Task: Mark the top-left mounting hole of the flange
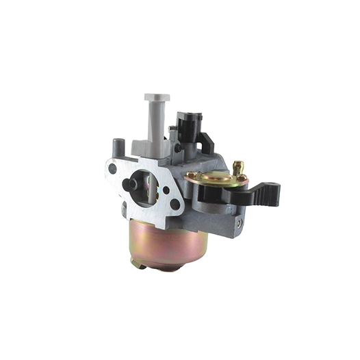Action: (x=112, y=168)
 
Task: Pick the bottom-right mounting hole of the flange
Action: (x=175, y=203)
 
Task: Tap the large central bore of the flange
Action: (x=145, y=186)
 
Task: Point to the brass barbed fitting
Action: (x=237, y=168)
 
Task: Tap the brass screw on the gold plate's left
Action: (x=191, y=175)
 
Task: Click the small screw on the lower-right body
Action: (x=239, y=223)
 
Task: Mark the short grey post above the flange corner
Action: (x=118, y=146)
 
